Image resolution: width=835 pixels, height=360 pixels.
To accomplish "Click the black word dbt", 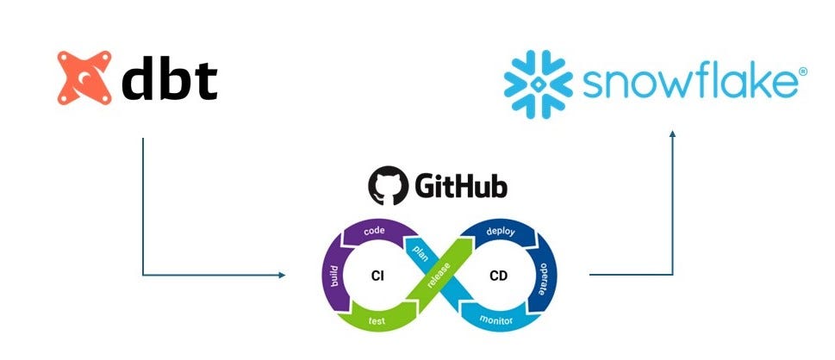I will (x=168, y=79).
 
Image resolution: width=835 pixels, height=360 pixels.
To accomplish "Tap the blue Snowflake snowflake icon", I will (x=536, y=82).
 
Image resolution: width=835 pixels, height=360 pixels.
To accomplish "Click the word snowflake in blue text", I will (x=688, y=84).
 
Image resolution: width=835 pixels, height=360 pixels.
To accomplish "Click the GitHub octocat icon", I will (x=387, y=186).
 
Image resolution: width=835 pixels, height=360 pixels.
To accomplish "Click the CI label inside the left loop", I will (x=377, y=276).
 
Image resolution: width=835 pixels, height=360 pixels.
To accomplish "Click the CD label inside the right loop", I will (x=498, y=276).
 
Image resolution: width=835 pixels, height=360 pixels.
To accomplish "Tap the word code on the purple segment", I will (x=374, y=231).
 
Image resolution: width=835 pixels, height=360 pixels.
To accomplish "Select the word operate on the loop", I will (x=542, y=276).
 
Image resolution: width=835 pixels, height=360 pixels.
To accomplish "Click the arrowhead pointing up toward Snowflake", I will (x=672, y=133).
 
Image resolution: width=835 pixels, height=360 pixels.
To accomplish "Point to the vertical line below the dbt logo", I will (x=142, y=207).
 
